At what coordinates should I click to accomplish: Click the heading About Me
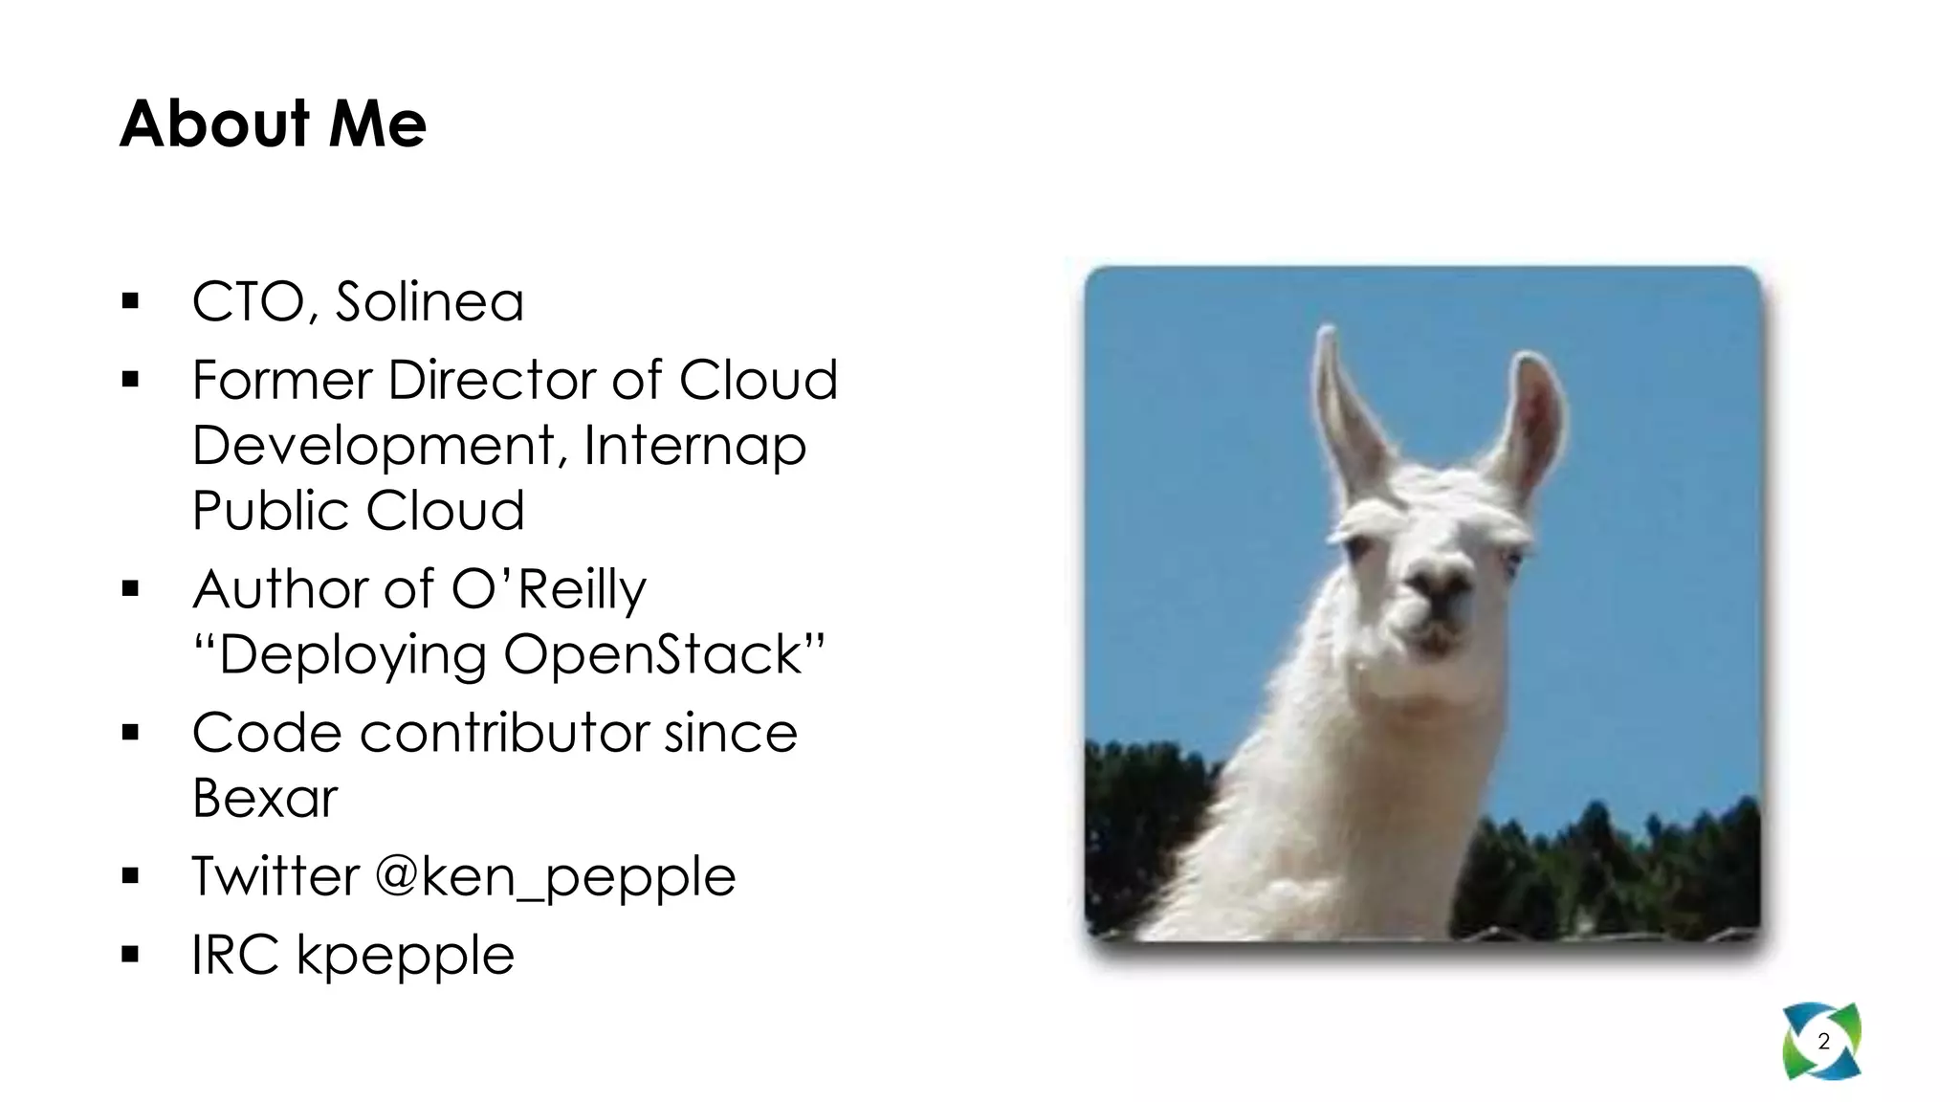click(273, 124)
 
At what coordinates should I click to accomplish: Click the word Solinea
click(429, 302)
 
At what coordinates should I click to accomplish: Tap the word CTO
click(249, 302)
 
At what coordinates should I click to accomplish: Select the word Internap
click(694, 446)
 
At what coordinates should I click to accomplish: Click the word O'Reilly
click(548, 589)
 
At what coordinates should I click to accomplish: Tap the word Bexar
click(265, 798)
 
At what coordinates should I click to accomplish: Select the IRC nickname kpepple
click(406, 955)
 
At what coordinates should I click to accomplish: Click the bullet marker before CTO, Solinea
click(131, 302)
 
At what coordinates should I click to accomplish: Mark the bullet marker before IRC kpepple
click(131, 955)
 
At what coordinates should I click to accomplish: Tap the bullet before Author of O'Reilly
click(131, 589)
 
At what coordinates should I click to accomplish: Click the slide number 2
click(1823, 1042)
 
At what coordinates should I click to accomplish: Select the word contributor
click(507, 734)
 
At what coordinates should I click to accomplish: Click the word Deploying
click(353, 655)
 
